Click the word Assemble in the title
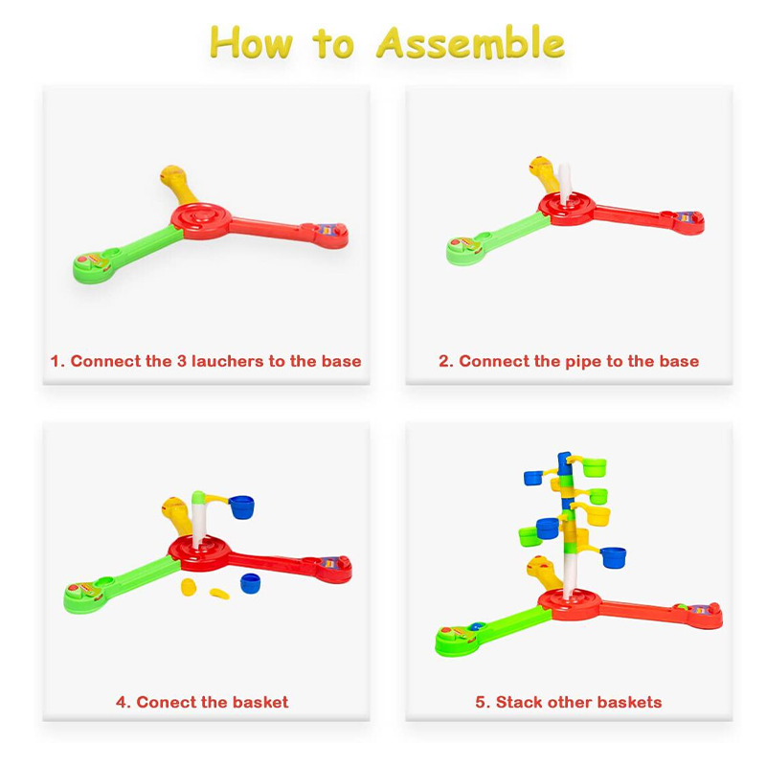pos(470,42)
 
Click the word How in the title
pos(251,42)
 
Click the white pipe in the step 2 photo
pos(564,183)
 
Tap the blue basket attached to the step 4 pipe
pos(241,507)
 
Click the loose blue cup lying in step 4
pos(250,583)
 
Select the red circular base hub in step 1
pos(201,221)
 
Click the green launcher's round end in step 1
pos(92,267)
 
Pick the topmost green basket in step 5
pos(595,467)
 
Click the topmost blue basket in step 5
pos(533,477)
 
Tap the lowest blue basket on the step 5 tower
pos(613,557)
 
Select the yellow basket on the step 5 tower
pos(597,515)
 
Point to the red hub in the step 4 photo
pos(199,554)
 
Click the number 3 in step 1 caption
pos(181,361)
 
